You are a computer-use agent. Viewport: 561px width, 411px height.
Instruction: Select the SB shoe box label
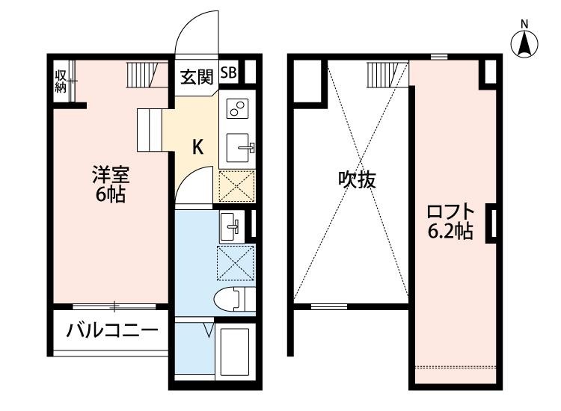[x=229, y=73]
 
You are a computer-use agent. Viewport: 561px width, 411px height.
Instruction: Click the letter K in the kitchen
[x=198, y=147]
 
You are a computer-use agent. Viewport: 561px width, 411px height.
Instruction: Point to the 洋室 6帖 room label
[x=110, y=185]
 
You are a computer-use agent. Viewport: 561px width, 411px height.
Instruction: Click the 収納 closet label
[x=60, y=81]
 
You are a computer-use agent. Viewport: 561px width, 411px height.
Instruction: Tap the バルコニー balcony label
[x=112, y=330]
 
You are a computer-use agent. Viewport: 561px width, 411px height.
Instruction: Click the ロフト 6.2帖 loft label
[x=450, y=222]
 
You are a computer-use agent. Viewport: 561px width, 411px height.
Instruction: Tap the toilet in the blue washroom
[x=231, y=298]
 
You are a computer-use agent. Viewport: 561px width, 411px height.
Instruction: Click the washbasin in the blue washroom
[x=231, y=223]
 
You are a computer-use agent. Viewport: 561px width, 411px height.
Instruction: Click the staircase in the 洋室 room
[x=142, y=75]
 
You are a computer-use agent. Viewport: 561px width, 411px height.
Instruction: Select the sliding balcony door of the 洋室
[x=114, y=306]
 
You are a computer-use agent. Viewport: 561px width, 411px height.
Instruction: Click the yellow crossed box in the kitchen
[x=237, y=186]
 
